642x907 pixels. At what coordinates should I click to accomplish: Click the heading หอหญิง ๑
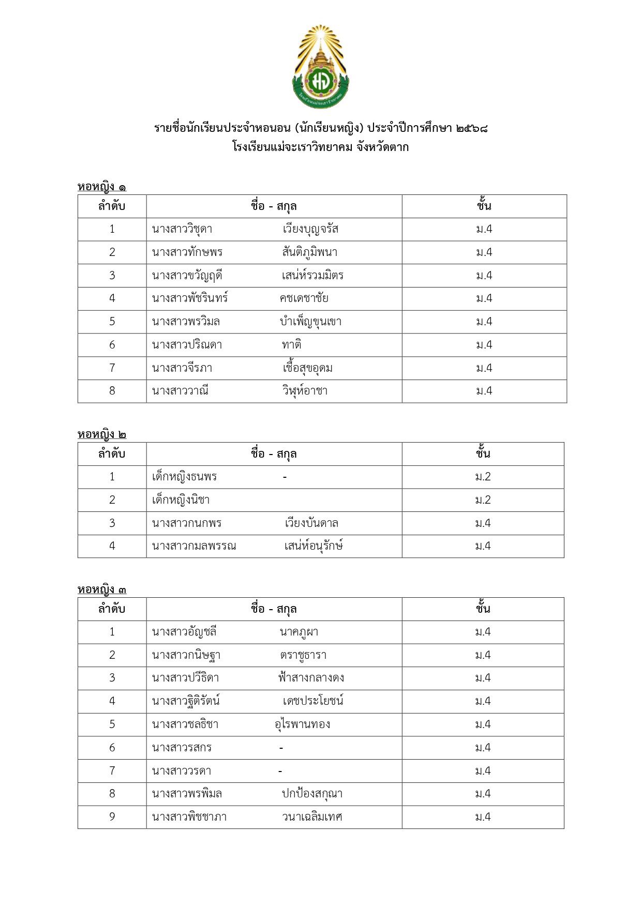click(102, 187)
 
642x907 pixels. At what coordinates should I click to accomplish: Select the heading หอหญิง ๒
click(102, 434)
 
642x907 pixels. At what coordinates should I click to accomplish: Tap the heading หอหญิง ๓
click(102, 589)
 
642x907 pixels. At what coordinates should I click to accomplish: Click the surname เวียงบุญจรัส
click(310, 229)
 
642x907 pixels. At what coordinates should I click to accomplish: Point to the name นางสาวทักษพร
click(187, 252)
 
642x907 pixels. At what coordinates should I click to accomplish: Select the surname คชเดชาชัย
click(304, 298)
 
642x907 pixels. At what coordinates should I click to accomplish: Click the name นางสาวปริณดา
click(187, 345)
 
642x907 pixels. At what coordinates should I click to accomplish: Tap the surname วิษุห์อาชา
click(305, 391)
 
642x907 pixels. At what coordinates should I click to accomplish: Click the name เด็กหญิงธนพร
click(184, 477)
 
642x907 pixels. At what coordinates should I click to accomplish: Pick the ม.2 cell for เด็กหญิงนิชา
click(483, 500)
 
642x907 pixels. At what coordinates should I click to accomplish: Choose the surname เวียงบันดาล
click(311, 523)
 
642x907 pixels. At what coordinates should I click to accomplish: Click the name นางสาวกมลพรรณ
click(194, 546)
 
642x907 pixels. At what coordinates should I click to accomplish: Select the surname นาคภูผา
click(299, 632)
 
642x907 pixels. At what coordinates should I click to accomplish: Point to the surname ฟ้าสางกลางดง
click(311, 678)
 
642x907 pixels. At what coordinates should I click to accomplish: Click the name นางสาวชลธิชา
click(185, 724)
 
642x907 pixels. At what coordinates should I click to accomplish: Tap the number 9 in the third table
click(112, 817)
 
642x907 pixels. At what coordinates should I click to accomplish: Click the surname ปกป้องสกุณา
click(312, 794)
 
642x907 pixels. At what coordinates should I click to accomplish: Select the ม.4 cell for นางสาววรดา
click(483, 771)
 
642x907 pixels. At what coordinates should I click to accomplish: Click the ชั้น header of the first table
click(484, 206)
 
